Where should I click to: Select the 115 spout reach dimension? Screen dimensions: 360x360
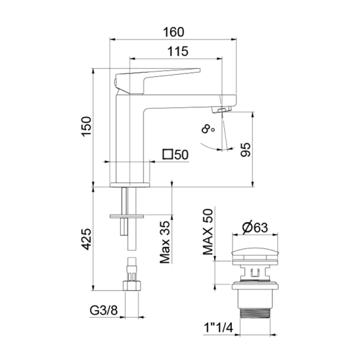[x=176, y=52]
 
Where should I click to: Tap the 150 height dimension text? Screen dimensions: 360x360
[x=86, y=127]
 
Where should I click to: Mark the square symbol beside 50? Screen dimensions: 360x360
[x=168, y=155]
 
